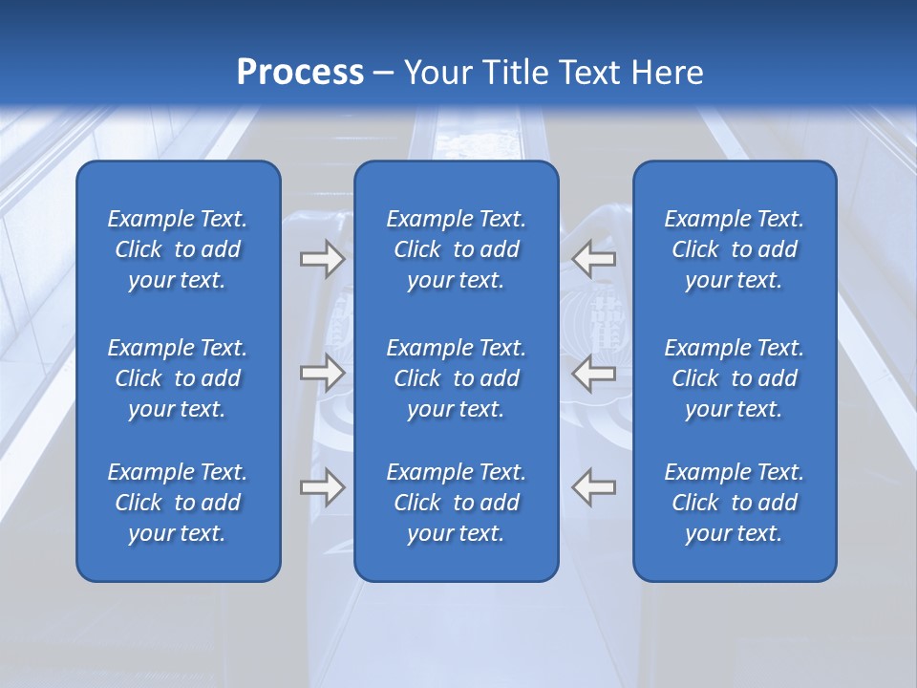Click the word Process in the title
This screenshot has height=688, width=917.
300,72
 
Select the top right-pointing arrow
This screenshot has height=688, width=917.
322,259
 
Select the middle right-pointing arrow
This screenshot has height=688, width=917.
322,373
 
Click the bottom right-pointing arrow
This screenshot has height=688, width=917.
322,487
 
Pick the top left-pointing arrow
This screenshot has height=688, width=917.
593,259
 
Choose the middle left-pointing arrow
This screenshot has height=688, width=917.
593,373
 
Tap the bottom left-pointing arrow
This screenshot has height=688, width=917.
593,487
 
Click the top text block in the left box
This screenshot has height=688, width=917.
178,249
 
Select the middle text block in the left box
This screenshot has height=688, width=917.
178,378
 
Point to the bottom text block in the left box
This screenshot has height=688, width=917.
178,503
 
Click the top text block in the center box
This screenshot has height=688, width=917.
456,249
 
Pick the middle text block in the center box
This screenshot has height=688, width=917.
456,378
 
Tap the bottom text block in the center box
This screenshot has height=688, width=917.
456,503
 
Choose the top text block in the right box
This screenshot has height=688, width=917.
734,249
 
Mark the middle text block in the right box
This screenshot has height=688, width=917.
734,378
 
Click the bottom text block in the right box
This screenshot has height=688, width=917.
734,503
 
